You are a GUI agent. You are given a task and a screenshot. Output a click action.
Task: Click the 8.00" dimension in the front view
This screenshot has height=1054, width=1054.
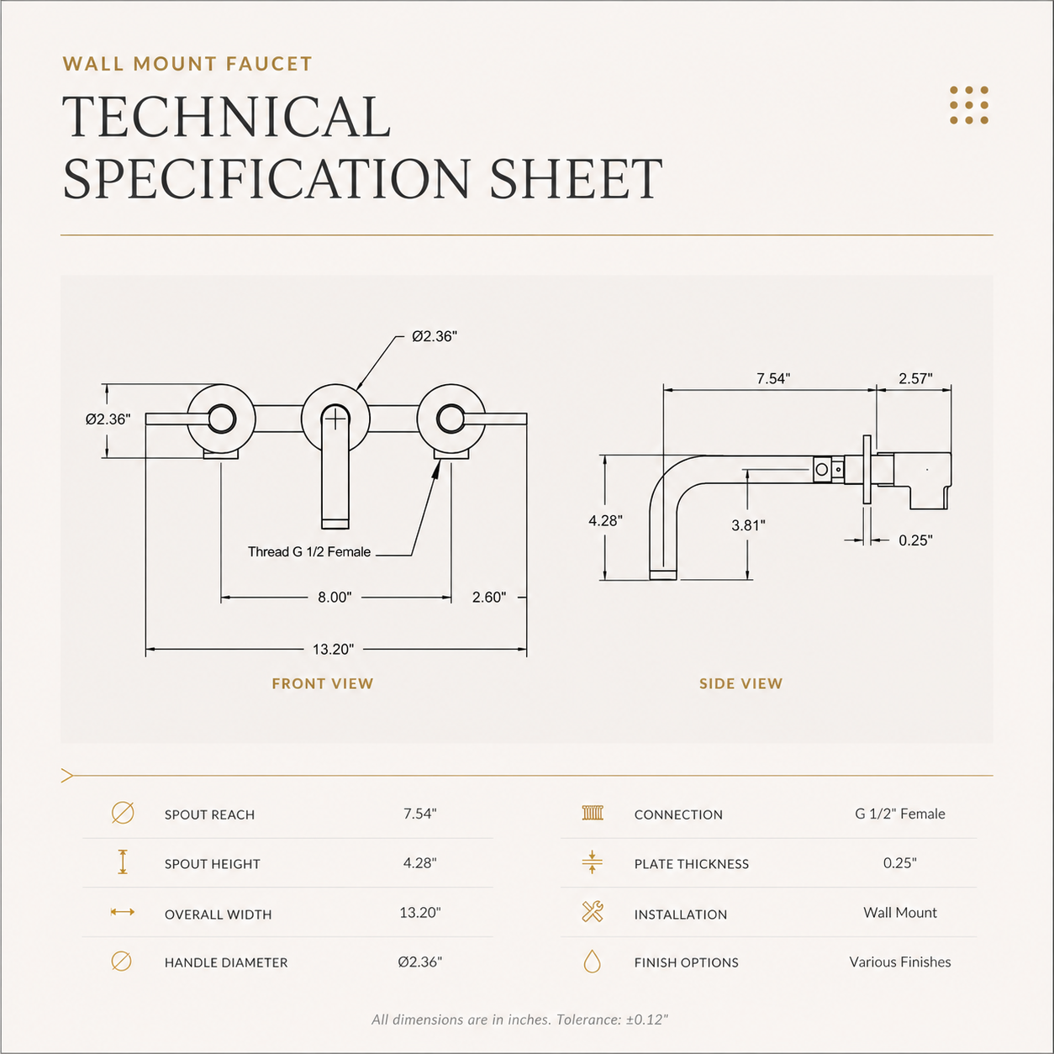335,597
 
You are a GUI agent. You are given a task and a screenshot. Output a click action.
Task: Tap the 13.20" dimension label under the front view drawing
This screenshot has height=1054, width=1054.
333,649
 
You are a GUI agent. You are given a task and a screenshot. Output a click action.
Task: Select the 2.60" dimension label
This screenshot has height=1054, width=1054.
489,597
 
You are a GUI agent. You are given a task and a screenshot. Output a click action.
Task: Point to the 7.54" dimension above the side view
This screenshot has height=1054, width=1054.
773,378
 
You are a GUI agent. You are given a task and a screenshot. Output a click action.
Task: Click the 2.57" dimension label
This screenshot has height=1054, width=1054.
915,378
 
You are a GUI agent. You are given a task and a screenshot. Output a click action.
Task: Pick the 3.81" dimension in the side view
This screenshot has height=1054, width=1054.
748,525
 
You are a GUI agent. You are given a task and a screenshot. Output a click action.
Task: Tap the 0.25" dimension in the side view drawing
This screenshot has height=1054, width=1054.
915,540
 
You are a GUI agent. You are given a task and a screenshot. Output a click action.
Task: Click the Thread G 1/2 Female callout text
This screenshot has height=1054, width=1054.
309,552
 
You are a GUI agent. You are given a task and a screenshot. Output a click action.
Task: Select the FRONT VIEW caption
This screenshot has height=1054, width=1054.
323,683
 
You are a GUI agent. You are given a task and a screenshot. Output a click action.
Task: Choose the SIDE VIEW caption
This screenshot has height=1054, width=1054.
740,683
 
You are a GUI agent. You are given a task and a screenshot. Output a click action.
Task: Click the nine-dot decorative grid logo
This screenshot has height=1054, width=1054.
968,105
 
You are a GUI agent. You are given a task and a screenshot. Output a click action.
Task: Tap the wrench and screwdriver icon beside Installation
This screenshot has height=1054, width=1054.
592,912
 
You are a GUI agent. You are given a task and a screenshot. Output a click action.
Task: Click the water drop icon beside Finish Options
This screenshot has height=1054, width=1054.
592,961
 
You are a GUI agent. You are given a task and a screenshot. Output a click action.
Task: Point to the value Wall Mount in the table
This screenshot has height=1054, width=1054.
899,912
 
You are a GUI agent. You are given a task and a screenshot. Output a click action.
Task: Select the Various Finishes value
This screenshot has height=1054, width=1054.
899,962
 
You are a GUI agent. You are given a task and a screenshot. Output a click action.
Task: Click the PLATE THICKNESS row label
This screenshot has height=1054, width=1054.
692,864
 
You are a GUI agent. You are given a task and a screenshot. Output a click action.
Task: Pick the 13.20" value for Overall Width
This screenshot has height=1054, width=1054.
420,912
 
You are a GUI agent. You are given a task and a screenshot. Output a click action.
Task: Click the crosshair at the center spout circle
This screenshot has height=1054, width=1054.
336,420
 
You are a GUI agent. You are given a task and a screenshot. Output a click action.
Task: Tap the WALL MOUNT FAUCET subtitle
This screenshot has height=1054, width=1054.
187,64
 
